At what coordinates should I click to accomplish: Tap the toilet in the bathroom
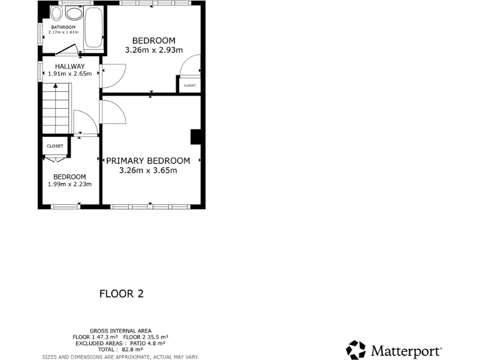coord(57,13)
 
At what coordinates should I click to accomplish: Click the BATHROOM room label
coord(63,27)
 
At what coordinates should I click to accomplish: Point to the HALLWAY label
coord(69,66)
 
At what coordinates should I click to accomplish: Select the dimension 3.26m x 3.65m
coord(148,170)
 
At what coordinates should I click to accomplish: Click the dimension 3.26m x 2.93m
coord(153,50)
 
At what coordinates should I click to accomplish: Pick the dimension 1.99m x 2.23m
coord(69,184)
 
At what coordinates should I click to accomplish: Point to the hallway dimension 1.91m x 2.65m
coord(69,74)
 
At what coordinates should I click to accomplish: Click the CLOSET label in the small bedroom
coord(55,146)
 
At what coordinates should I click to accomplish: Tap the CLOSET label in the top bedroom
coord(189,86)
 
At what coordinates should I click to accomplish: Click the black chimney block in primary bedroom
coord(195,137)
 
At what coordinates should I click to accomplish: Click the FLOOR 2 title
coord(122,293)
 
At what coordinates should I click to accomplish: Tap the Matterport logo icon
coord(356,350)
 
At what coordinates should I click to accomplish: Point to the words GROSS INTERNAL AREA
coord(120,331)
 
